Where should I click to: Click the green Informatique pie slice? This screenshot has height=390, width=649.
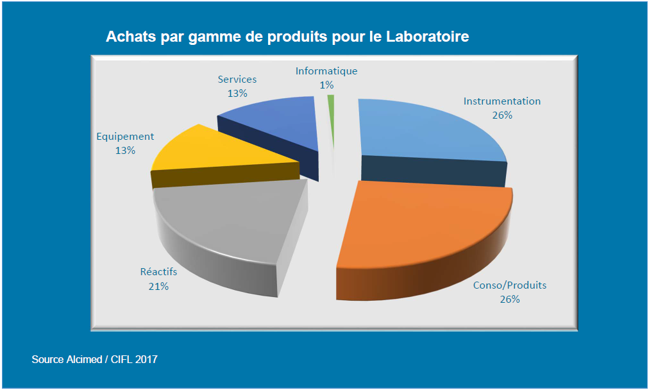point(331,106)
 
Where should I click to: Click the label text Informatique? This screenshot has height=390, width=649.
point(326,71)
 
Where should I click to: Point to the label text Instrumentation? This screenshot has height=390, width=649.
point(502,101)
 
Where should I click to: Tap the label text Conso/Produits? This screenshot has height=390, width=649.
point(510,285)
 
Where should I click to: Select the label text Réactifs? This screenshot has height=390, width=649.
point(158,272)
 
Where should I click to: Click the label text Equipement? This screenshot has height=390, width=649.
point(125,136)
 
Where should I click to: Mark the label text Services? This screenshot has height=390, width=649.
point(237,80)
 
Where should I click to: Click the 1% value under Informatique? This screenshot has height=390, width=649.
point(326,85)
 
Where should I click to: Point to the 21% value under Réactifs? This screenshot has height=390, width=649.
point(158,286)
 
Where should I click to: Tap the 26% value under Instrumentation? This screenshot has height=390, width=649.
point(502,115)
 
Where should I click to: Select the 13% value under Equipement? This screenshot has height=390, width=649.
point(125,150)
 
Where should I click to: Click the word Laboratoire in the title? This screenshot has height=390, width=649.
point(427,37)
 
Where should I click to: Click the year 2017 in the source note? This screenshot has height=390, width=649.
point(146,360)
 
